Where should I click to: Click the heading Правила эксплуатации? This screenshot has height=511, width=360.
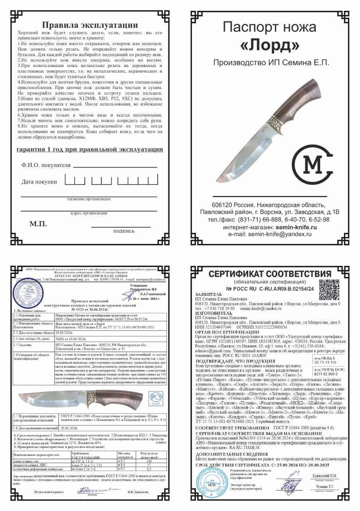coord(90,25)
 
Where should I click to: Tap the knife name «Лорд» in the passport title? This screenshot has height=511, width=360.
coord(270,46)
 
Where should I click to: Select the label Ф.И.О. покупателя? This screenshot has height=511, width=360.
coord(45,165)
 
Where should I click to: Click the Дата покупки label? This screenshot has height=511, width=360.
coord(39,182)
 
